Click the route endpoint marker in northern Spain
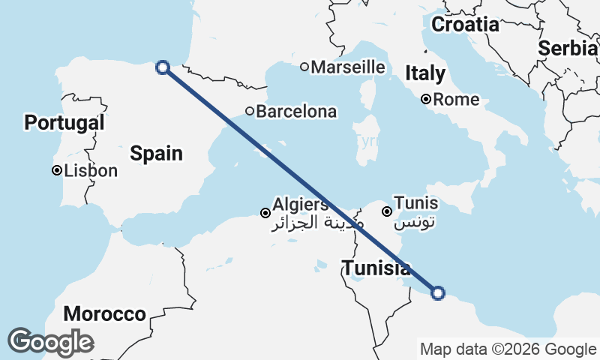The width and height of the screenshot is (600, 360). tap(162, 67)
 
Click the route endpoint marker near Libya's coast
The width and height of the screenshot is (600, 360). tap(438, 293)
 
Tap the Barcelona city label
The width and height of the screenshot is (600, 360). tap(296, 112)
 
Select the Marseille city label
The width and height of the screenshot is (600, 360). tap(348, 67)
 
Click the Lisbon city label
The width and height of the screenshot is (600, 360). tap(91, 171)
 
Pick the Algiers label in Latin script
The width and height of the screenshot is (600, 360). tap(300, 204)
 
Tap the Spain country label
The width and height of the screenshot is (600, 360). tap(157, 154)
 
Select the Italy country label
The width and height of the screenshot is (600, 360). tap(425, 73)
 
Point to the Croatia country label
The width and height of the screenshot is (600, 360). tap(465, 24)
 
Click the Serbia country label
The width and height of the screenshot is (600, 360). tap(568, 48)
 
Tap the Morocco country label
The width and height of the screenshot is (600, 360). tap(104, 313)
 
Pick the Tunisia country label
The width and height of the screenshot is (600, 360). tap(376, 268)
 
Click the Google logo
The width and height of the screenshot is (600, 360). tap(50, 342)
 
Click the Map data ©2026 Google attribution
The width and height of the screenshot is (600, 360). tap(508, 349)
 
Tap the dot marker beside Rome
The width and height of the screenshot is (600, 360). tap(425, 99)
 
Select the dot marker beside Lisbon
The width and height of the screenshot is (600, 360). tap(56, 171)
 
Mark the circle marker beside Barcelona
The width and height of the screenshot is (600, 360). tap(250, 112)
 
